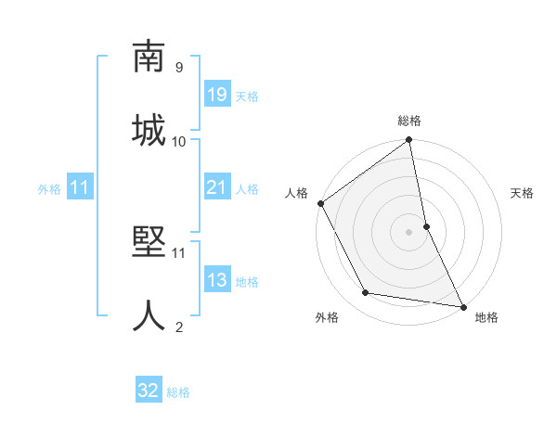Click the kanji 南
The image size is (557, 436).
[x=149, y=58]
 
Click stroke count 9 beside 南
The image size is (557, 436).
[x=179, y=67]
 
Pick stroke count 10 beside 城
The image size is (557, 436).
[x=179, y=141]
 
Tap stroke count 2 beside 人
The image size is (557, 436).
[x=179, y=327]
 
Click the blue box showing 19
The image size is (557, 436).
[x=216, y=95]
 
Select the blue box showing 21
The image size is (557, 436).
[x=216, y=187]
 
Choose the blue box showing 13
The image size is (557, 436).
[x=216, y=280]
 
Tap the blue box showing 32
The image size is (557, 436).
[x=149, y=391]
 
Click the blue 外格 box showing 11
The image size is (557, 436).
[x=80, y=187]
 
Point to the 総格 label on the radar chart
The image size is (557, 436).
[x=409, y=121]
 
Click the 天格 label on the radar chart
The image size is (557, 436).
[x=522, y=193]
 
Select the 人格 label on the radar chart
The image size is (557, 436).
[x=297, y=193]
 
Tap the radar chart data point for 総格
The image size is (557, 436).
[x=409, y=141]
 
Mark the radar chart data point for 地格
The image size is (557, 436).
[x=462, y=306]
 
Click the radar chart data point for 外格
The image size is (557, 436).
[x=366, y=293]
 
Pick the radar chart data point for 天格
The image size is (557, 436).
[x=426, y=225]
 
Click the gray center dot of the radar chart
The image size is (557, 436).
[x=409, y=231]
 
